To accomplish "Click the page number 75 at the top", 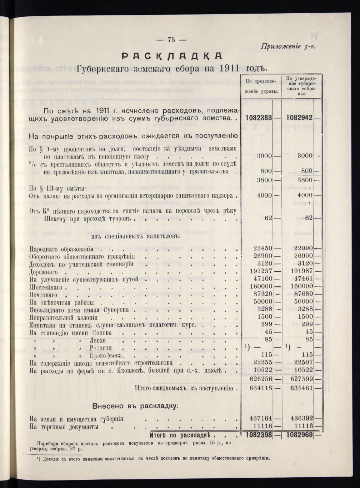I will [171, 40].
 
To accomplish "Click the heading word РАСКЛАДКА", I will [172, 56].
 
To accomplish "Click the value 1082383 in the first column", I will [259, 118].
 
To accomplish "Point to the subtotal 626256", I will [260, 379].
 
